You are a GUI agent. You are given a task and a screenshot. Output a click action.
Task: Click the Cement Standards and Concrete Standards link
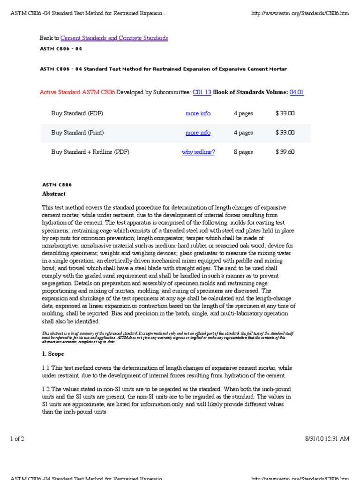click(114, 38)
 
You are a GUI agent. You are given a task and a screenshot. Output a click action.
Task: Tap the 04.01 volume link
click(297, 92)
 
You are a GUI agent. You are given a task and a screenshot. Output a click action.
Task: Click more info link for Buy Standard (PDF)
click(198, 113)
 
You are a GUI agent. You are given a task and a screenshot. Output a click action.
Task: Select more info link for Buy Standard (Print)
click(198, 133)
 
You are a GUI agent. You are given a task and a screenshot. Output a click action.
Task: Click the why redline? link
click(198, 152)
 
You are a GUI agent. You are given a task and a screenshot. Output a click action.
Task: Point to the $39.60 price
click(285, 152)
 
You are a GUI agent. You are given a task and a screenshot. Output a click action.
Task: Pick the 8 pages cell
click(243, 152)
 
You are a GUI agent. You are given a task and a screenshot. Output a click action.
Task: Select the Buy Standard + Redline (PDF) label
click(90, 152)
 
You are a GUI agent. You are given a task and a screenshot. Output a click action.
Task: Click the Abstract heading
click(54, 194)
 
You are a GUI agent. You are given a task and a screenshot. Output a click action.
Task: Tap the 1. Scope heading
click(53, 354)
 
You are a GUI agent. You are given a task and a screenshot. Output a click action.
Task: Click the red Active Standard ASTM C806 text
click(77, 92)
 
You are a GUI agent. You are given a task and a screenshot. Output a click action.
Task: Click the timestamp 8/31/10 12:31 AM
click(326, 438)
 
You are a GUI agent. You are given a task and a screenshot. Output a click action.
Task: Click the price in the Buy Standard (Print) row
click(285, 133)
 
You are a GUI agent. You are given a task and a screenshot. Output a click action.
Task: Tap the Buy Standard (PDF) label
click(77, 113)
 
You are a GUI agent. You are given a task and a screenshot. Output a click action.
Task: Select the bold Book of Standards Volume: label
click(251, 92)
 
